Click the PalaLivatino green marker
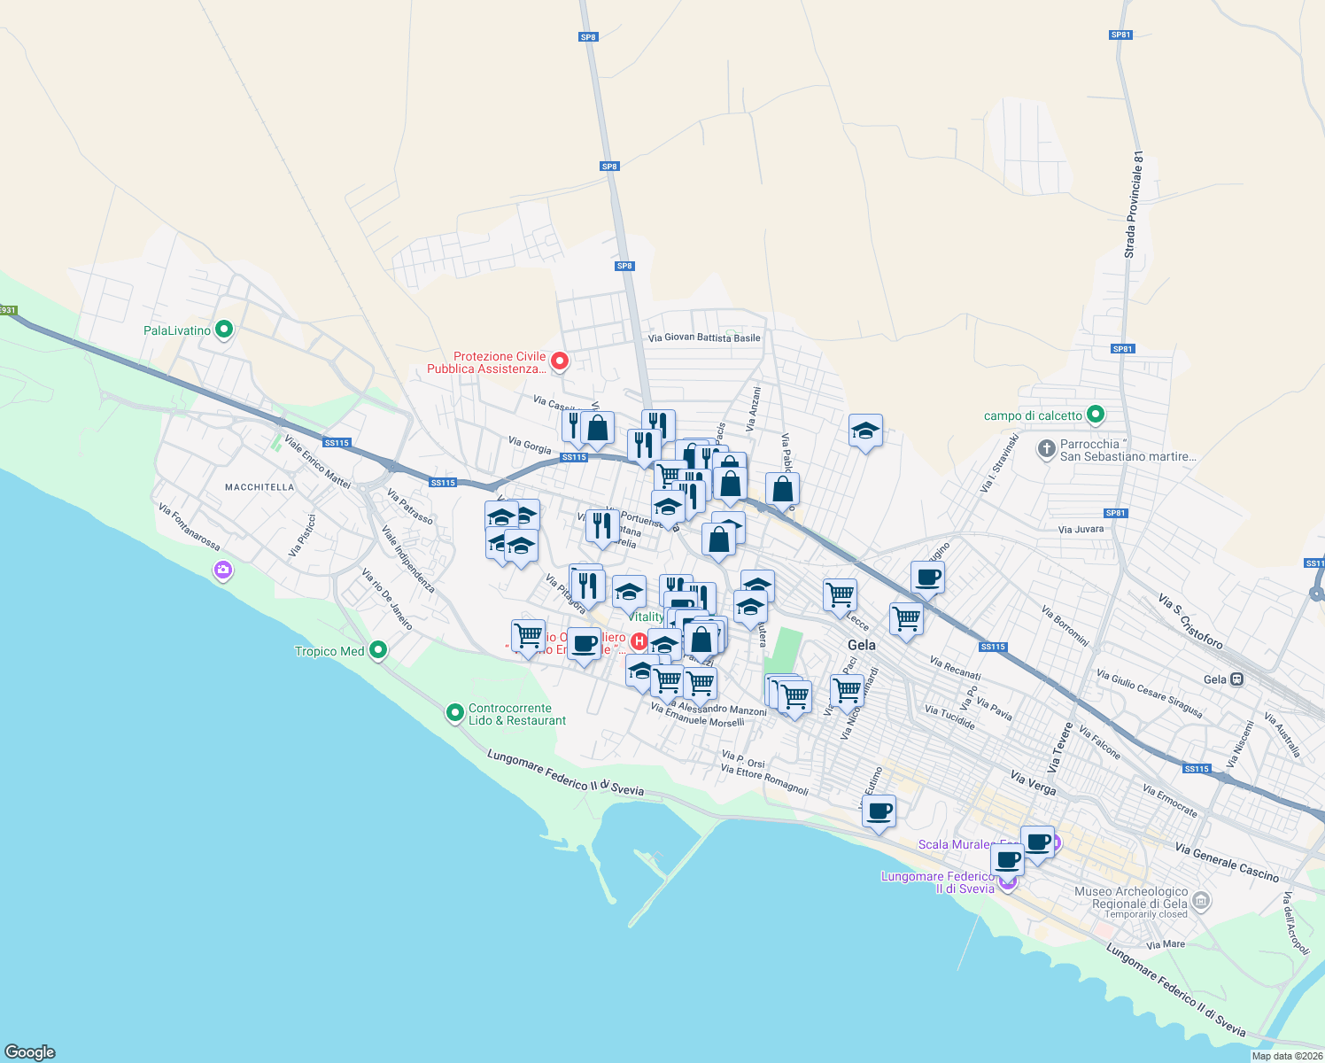tap(224, 330)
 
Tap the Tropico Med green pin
tap(378, 651)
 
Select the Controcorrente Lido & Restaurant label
tap(516, 714)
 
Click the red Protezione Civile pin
tap(559, 361)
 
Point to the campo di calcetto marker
tap(1096, 415)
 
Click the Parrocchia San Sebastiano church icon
tap(1047, 449)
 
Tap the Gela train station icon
tap(1237, 679)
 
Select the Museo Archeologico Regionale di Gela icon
tap(1201, 902)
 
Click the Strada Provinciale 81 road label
tap(1135, 205)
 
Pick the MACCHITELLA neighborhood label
tap(260, 487)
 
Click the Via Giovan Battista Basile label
tap(704, 338)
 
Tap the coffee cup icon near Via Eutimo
tap(879, 811)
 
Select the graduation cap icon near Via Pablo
tap(865, 431)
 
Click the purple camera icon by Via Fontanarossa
tap(223, 570)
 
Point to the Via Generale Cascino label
tap(1227, 862)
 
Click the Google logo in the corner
tap(29, 1051)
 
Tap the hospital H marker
tap(639, 640)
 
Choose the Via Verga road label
tap(1033, 781)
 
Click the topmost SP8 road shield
tap(588, 37)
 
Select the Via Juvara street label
tap(1081, 529)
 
